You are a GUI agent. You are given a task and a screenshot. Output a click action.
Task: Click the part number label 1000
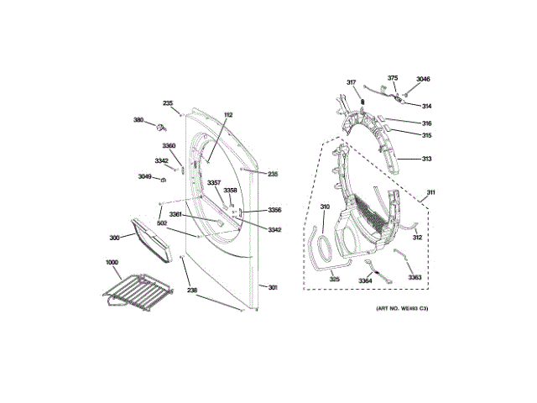click(112, 263)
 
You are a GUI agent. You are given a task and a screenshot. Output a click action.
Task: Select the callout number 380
click(138, 120)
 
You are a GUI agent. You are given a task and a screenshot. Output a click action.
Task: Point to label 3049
click(145, 176)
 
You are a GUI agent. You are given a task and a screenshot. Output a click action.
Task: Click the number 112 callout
click(228, 114)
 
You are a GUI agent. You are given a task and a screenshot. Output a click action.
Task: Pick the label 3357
click(214, 183)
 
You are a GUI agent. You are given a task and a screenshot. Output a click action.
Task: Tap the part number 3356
click(274, 210)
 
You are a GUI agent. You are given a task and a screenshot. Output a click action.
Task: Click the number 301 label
click(273, 288)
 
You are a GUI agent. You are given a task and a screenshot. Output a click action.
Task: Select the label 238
click(192, 290)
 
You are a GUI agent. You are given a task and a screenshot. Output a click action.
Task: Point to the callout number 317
click(352, 81)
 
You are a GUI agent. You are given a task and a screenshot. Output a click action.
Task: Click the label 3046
click(423, 79)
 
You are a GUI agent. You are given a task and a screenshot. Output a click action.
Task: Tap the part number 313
click(426, 159)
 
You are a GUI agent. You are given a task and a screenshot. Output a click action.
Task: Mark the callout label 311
click(431, 193)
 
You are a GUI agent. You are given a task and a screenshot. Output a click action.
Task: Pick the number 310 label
click(325, 207)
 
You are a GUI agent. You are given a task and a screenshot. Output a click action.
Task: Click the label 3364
click(366, 280)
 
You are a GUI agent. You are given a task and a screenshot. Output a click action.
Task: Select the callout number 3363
click(414, 278)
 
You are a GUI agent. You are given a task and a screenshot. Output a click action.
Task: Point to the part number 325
click(334, 280)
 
